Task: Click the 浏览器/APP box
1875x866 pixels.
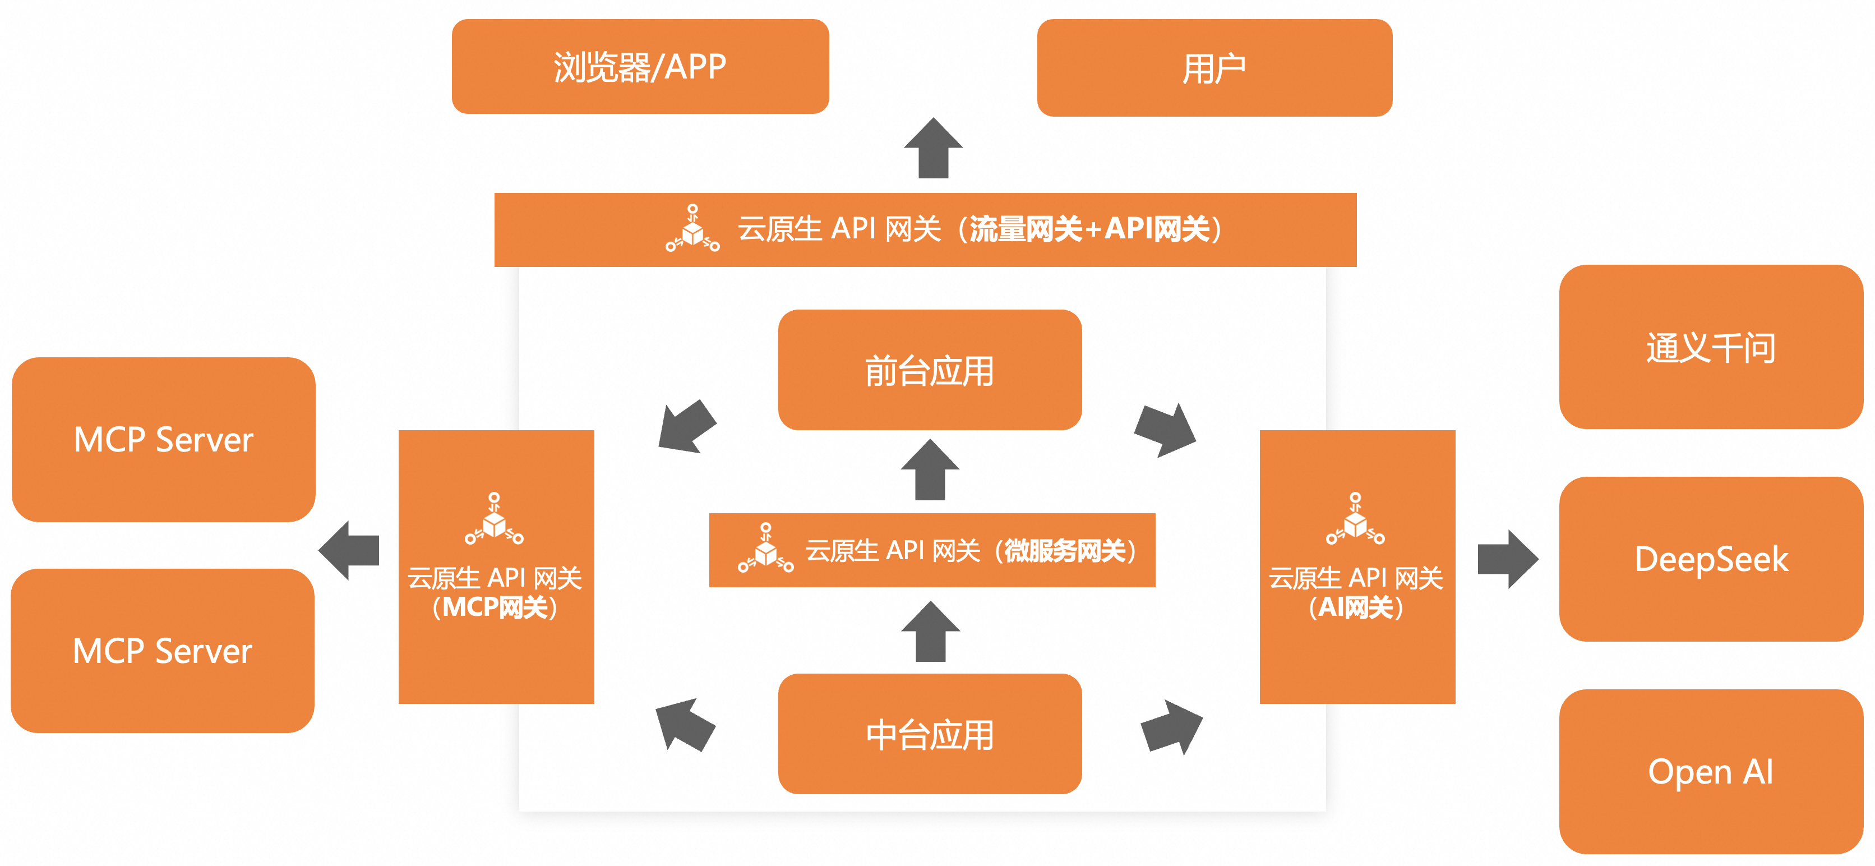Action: (640, 66)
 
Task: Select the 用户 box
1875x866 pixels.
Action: (1214, 68)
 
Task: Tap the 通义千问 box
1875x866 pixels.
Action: (1711, 347)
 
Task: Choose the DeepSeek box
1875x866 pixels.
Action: (1711, 559)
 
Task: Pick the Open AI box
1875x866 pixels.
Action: (1711, 771)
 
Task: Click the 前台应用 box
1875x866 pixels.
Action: (930, 370)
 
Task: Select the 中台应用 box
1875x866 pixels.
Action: (930, 734)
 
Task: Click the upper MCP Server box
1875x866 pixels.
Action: (164, 439)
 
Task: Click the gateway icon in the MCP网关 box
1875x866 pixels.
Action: (494, 519)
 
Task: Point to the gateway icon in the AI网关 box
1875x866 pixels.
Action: (1355, 519)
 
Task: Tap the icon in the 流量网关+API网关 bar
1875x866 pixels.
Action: (692, 229)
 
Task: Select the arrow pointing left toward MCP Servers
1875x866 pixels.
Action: (350, 550)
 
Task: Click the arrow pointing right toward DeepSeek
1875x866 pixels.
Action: (1507, 559)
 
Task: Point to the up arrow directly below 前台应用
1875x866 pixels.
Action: (930, 470)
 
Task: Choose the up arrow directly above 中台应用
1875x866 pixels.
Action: (930, 632)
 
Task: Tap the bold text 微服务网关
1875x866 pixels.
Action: (1065, 551)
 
